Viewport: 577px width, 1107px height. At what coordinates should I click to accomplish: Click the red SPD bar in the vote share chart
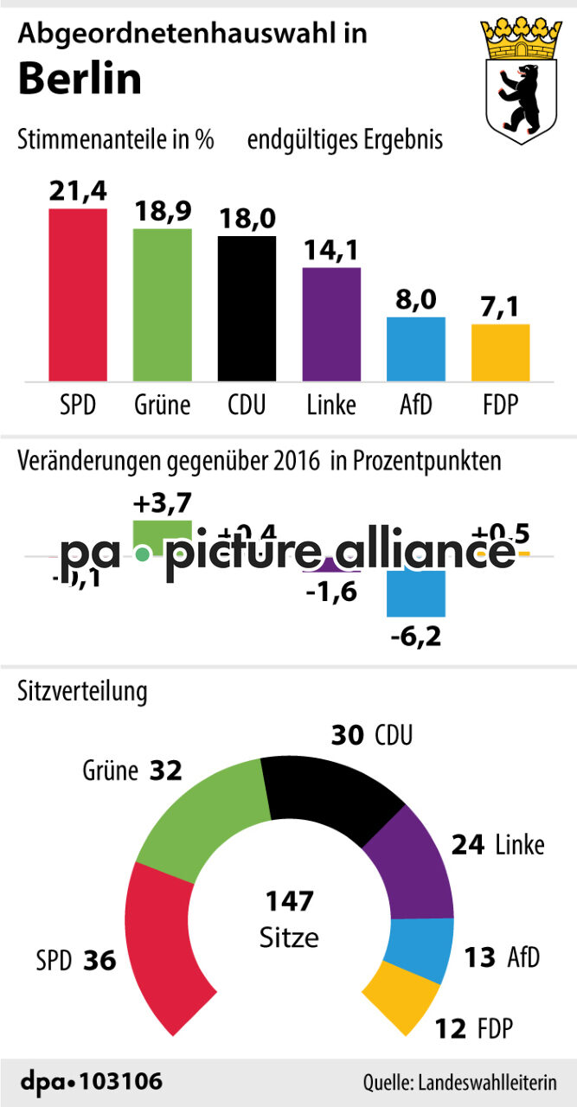pyautogui.click(x=78, y=294)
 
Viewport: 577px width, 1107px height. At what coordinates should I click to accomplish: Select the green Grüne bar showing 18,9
pyautogui.click(x=162, y=304)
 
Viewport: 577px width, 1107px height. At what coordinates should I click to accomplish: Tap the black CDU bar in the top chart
pyautogui.click(x=247, y=308)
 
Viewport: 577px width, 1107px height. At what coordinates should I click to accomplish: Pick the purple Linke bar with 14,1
pyautogui.click(x=331, y=324)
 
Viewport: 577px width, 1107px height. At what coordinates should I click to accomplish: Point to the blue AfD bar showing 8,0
pyautogui.click(x=416, y=349)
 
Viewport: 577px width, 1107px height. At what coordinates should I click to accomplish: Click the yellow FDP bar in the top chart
pyautogui.click(x=500, y=352)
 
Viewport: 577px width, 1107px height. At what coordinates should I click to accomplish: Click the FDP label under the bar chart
pyautogui.click(x=500, y=405)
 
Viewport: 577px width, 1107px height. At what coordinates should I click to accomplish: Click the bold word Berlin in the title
pyautogui.click(x=80, y=80)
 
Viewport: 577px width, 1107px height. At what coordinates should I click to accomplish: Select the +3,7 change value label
pyautogui.click(x=162, y=502)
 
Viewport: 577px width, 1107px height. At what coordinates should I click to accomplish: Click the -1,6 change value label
pyautogui.click(x=331, y=592)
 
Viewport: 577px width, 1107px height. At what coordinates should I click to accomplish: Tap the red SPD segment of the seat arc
pyautogui.click(x=160, y=938)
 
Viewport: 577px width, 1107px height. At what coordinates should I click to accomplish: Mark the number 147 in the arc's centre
pyautogui.click(x=289, y=902)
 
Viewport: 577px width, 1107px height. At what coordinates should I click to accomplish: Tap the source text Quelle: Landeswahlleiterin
pyautogui.click(x=458, y=1082)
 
